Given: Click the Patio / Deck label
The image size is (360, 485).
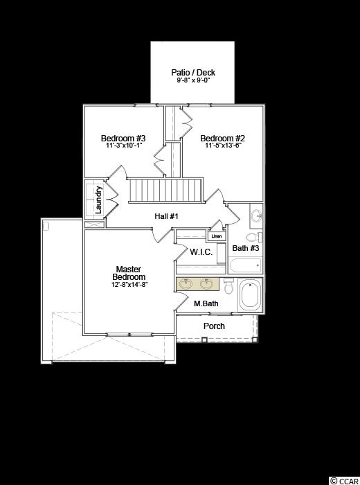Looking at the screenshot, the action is tap(193, 72).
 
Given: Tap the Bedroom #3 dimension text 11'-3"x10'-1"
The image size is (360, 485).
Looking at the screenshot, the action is tap(123, 145).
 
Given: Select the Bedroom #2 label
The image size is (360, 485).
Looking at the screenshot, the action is tap(223, 138).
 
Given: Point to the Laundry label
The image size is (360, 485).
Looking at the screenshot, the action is tap(98, 200).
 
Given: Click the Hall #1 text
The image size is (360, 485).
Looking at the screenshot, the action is tap(166, 216).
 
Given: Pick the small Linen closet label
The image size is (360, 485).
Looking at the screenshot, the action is tap(217, 236).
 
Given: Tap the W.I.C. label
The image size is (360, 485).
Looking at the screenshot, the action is tap(201, 252).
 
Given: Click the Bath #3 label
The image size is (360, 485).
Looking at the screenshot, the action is tap(246, 248).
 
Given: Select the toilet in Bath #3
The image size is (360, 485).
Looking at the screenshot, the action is tap(254, 237).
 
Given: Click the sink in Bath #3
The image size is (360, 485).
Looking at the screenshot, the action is tap(256, 216).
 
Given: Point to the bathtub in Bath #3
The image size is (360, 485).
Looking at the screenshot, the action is tap(245, 265).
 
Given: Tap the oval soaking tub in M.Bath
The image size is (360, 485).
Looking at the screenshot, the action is tap(251, 294).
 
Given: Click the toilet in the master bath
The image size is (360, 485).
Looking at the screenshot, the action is tap(229, 285).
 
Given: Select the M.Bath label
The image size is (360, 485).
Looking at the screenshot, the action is tap(206, 303).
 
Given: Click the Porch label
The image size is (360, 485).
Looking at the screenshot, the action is tap(214, 326).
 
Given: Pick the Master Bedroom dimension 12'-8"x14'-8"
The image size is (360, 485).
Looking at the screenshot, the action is tap(129, 285).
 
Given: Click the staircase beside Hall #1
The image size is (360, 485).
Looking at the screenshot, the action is tap(165, 191).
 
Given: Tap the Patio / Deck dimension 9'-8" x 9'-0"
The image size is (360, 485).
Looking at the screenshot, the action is tap(193, 80).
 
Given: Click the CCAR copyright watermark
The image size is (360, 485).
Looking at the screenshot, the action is tap(344, 481).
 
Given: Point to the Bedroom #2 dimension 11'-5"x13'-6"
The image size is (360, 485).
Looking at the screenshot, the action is tap(223, 145).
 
